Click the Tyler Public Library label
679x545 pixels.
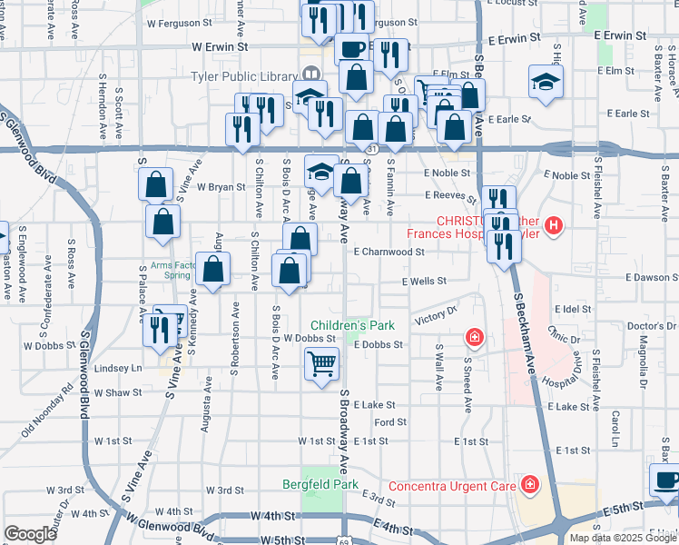(244, 76)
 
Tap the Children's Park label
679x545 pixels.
(352, 325)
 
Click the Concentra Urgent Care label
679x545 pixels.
(451, 486)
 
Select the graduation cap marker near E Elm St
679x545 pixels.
(546, 83)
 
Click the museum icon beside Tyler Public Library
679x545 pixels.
(310, 73)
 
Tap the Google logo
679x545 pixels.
(30, 533)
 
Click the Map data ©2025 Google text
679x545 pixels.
(624, 538)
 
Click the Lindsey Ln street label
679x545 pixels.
(118, 368)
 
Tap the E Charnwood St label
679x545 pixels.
(389, 252)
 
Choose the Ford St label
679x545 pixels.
(389, 422)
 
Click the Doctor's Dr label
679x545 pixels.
(647, 326)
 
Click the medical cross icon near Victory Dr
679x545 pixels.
(474, 339)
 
